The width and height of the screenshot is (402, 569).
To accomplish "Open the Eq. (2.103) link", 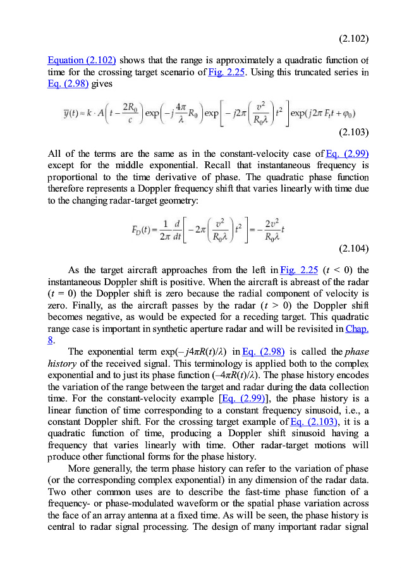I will click(x=312, y=420).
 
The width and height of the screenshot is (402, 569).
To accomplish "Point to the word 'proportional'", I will click(x=73, y=177).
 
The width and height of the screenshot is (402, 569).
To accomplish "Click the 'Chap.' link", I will click(x=358, y=329).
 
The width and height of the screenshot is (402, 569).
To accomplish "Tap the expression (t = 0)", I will click(x=63, y=295).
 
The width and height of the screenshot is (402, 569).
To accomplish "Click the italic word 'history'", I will click(x=62, y=363).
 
